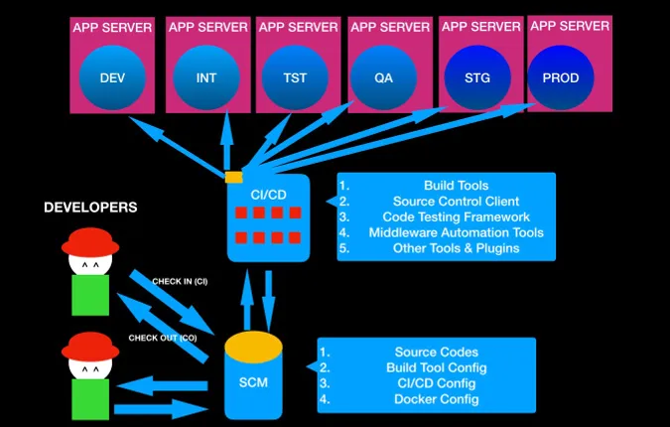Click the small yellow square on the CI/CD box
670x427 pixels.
[233, 178]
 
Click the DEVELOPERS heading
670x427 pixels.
[90, 208]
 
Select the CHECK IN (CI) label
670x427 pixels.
[179, 281]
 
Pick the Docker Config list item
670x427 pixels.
[437, 399]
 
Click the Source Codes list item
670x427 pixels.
[437, 352]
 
